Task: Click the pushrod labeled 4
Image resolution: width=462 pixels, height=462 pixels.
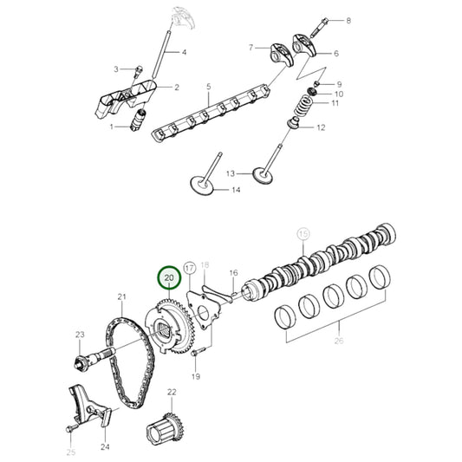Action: point(161,52)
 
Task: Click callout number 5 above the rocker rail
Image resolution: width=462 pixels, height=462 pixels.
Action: point(208,87)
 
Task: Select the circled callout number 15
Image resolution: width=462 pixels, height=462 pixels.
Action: point(303,233)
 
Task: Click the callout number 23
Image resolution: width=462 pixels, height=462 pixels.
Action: point(80,335)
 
